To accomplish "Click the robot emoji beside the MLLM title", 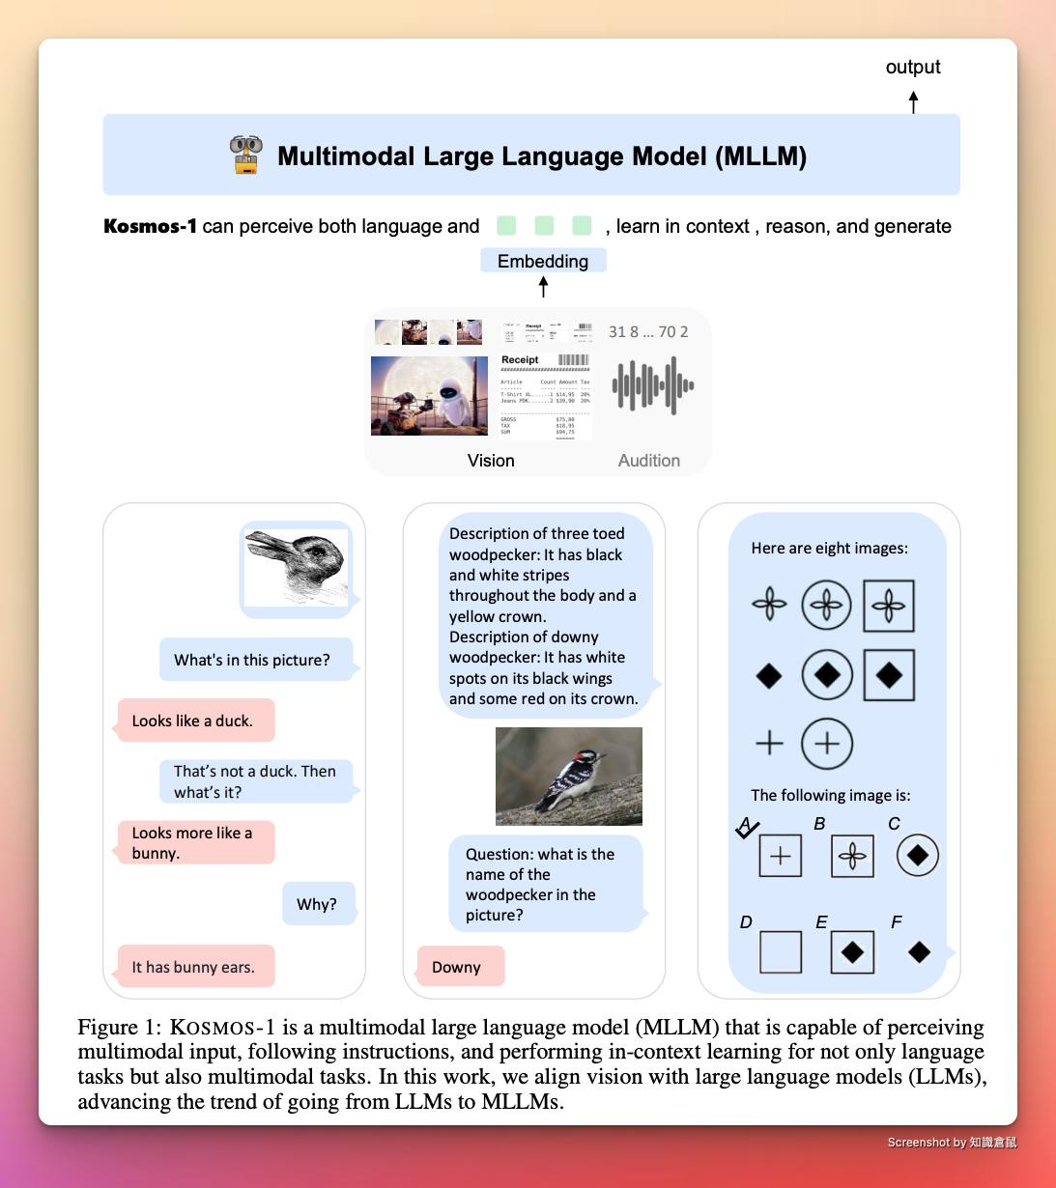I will [x=246, y=155].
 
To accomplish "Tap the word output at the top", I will [x=913, y=67].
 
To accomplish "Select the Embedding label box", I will [x=543, y=261].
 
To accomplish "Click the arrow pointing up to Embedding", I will [x=543, y=286].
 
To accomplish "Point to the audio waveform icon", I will [x=653, y=385].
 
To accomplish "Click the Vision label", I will [x=491, y=461].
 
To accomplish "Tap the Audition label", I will [x=649, y=461].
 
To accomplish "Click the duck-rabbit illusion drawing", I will [x=296, y=568].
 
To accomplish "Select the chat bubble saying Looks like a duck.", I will [x=195, y=721].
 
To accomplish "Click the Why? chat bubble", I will [x=318, y=904].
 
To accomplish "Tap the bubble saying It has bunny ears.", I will [x=195, y=967].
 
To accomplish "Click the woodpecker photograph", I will [x=568, y=777].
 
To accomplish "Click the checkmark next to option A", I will [x=747, y=828].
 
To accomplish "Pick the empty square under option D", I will [x=781, y=952].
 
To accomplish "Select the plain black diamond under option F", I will [x=919, y=952].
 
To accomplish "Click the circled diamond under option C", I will [x=917, y=855].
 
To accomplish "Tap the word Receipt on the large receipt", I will [x=520, y=359].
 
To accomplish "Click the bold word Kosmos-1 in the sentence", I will [x=150, y=226].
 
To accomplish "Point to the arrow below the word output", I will [x=913, y=100].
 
